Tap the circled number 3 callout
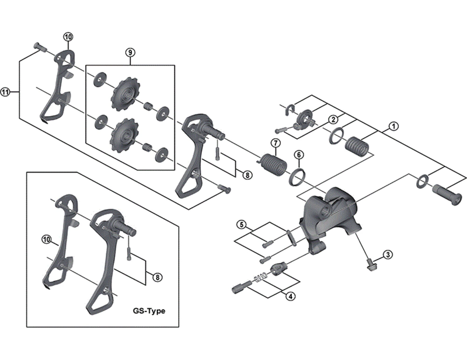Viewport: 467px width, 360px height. [x=388, y=254]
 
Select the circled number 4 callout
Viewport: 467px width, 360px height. [x=290, y=296]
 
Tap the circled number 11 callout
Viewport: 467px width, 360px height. [x=6, y=92]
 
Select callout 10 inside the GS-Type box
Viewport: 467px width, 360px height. [x=47, y=239]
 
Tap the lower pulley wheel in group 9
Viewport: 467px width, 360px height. [x=123, y=132]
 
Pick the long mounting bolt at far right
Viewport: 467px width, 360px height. [x=448, y=190]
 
